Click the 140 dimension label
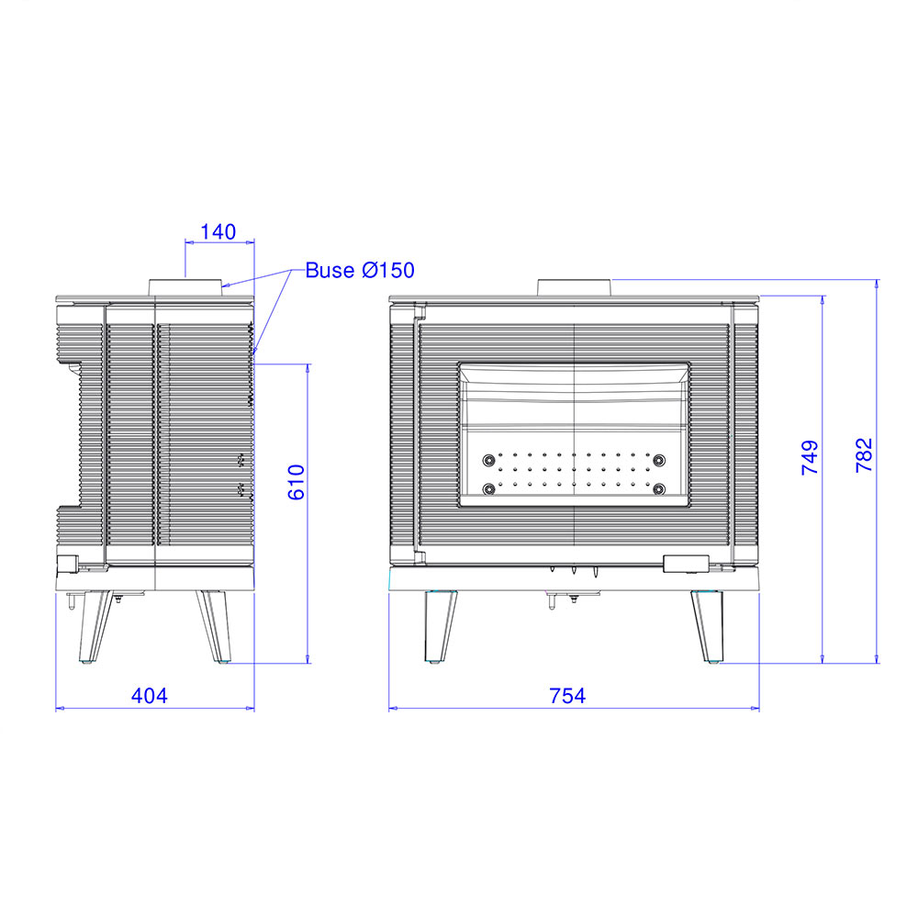[218, 232]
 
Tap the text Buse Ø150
[360, 270]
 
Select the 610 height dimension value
[297, 482]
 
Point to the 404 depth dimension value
[150, 696]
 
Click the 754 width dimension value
[567, 696]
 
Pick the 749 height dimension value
[810, 457]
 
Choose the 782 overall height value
[864, 455]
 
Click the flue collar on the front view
[575, 287]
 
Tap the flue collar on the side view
[185, 287]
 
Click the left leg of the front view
[440, 626]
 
